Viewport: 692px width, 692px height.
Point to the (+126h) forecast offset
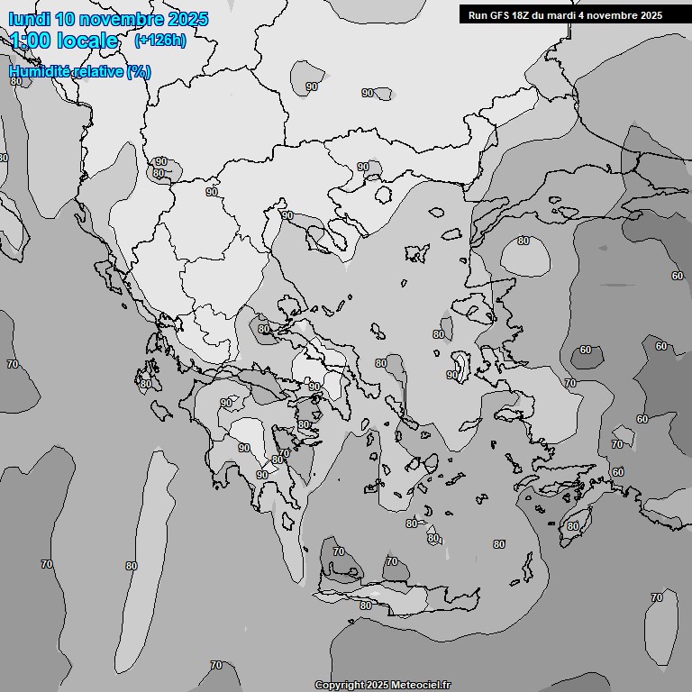[159, 41]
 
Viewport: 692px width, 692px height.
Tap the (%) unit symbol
[139, 71]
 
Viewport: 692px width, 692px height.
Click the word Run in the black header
[478, 14]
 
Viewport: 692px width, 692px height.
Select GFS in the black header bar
[500, 14]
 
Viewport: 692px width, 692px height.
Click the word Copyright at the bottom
[340, 685]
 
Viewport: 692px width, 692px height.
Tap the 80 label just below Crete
[366, 605]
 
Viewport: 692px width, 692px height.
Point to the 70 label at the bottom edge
[216, 666]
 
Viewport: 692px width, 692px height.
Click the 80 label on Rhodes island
[572, 526]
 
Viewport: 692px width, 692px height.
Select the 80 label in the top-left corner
[16, 82]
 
